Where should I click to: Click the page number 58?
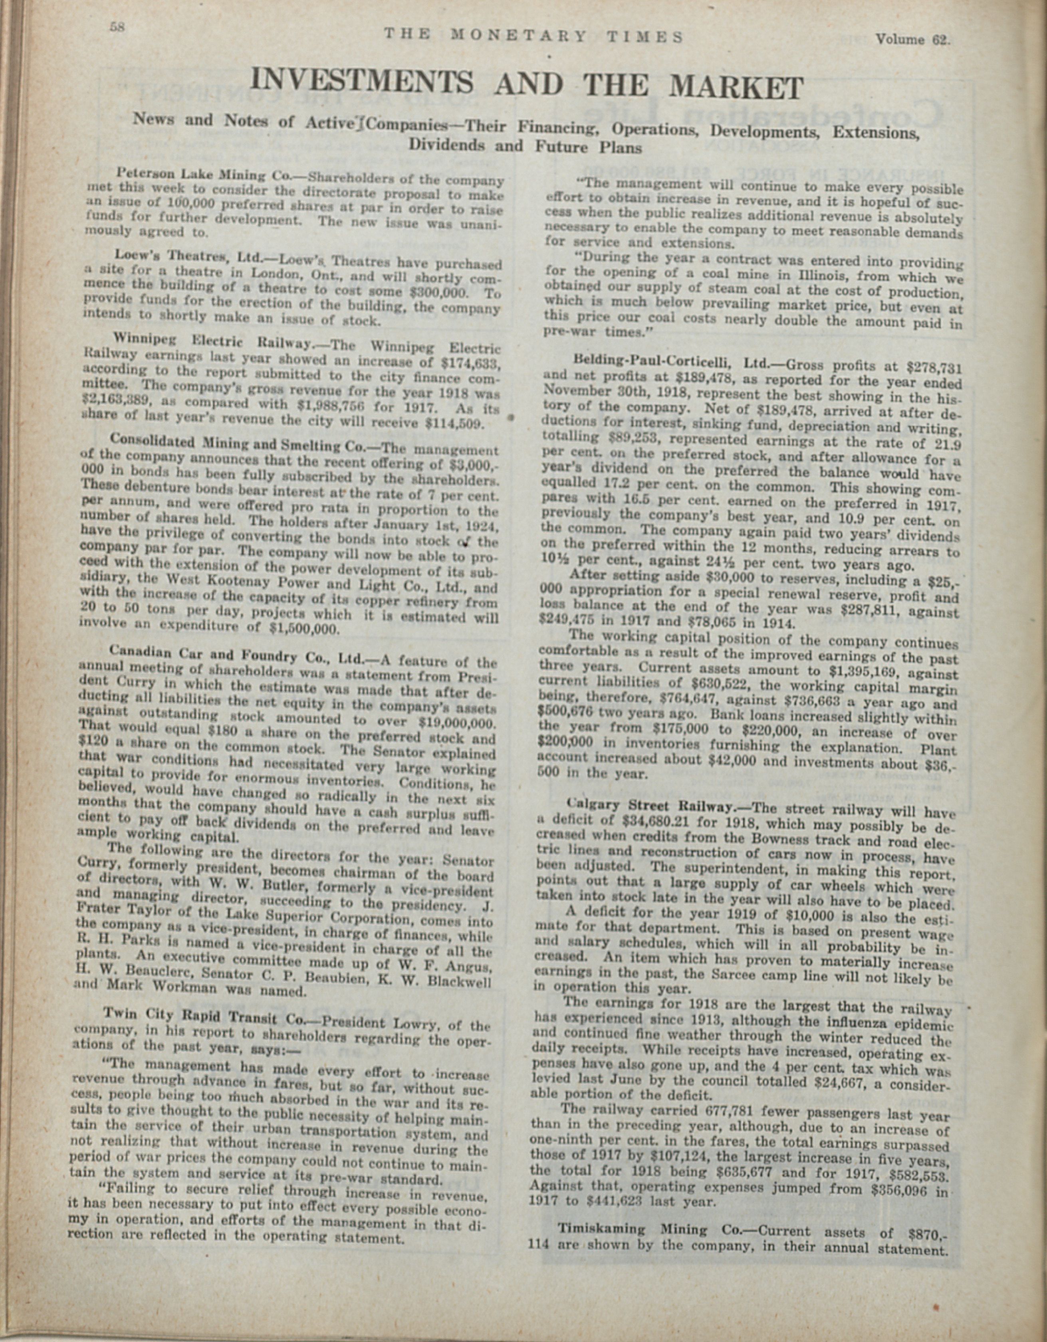[x=117, y=27]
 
